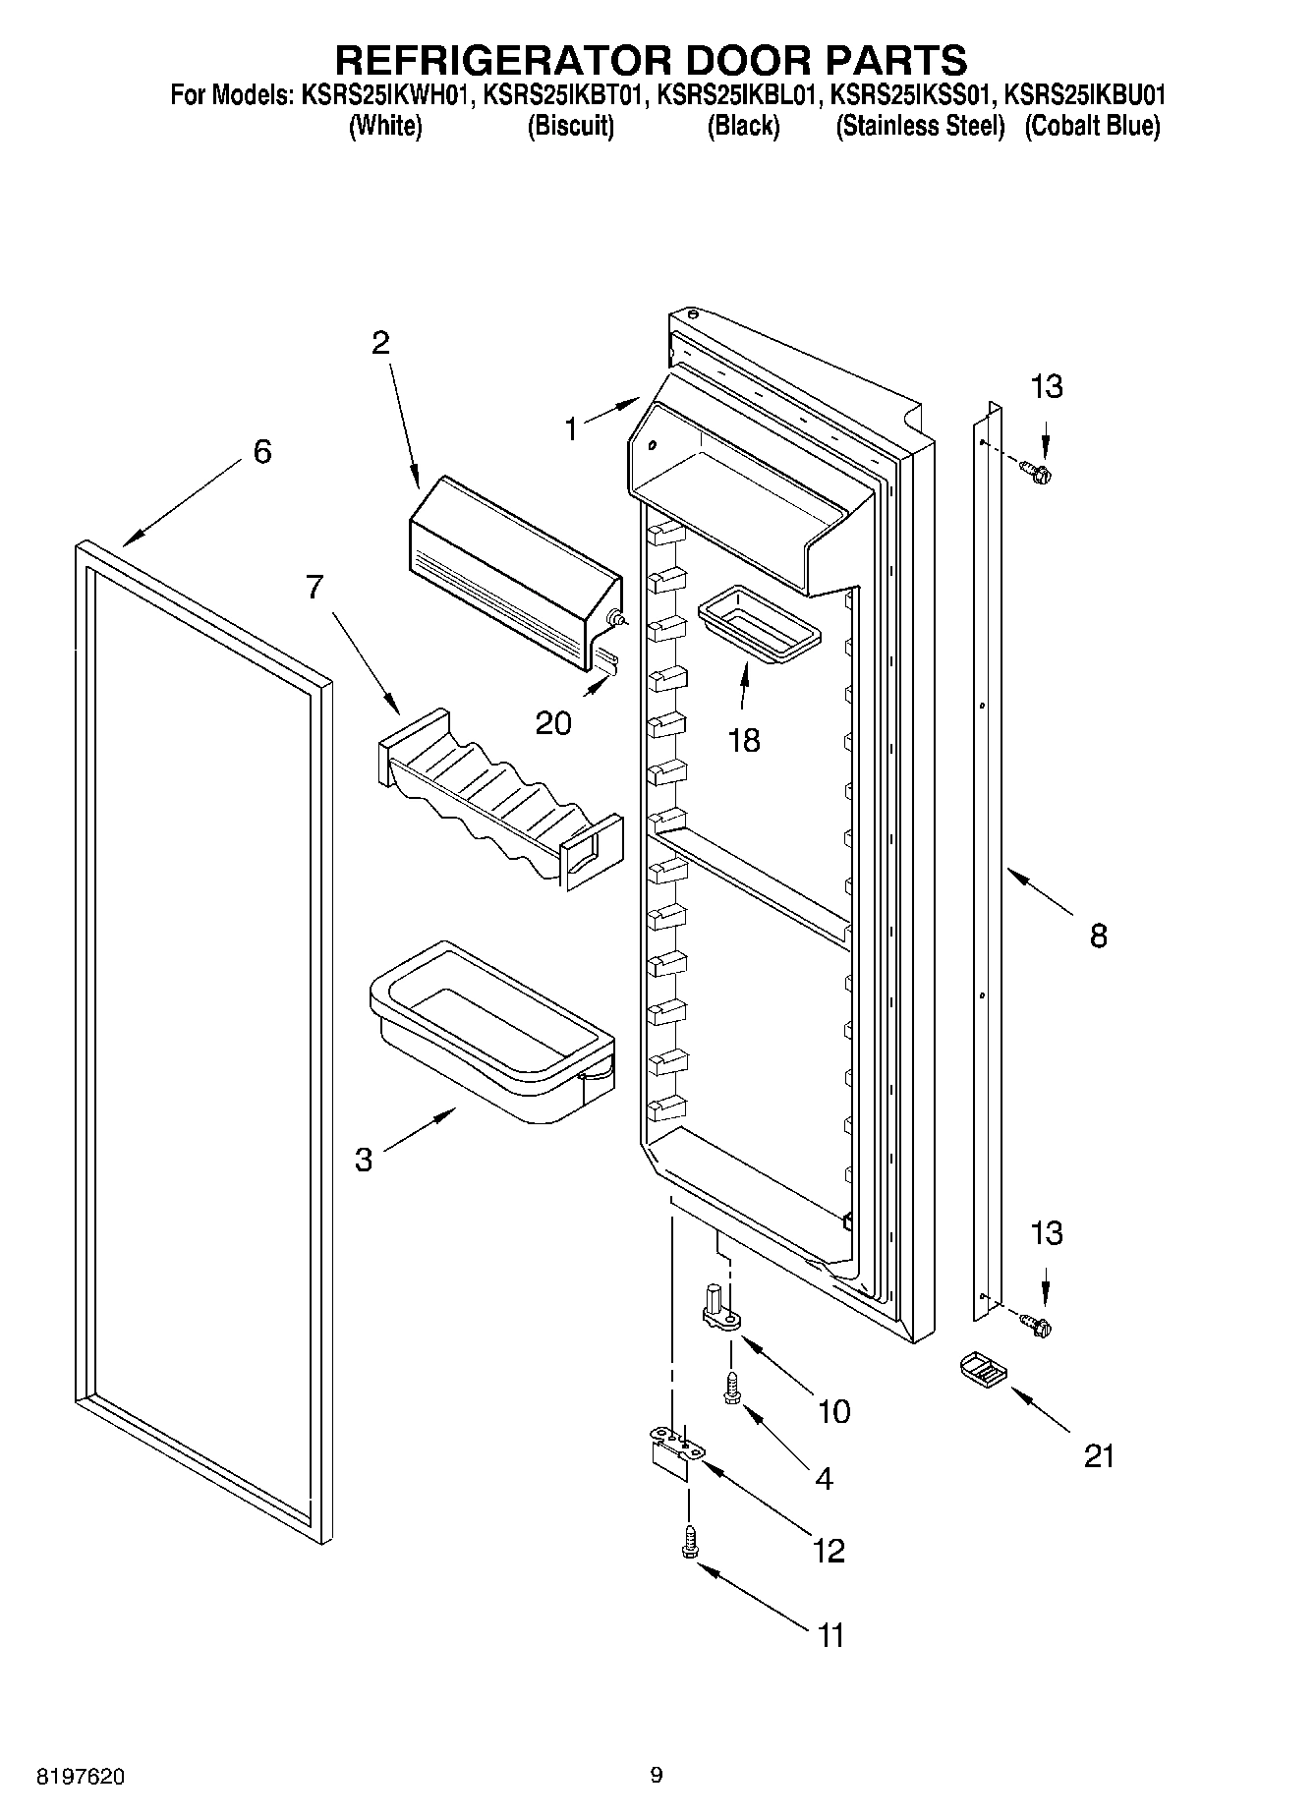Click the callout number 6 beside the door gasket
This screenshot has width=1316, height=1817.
(x=261, y=452)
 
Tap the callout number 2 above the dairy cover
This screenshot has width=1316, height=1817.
(x=380, y=343)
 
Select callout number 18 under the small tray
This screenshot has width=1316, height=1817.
(x=744, y=740)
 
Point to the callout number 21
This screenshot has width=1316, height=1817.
(x=1099, y=1455)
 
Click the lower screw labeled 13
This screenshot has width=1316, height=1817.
(x=1038, y=1326)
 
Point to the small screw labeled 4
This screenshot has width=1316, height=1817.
(x=731, y=1389)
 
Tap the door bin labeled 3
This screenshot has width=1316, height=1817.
(x=491, y=1032)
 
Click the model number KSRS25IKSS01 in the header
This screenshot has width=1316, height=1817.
(x=913, y=96)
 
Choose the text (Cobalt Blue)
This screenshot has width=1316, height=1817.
(x=1092, y=126)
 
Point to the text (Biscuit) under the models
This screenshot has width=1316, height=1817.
(x=570, y=126)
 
